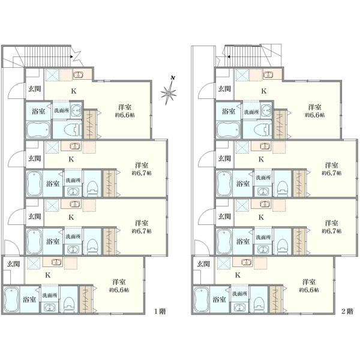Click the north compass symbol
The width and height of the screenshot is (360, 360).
point(169,91)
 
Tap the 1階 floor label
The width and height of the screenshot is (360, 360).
point(160,311)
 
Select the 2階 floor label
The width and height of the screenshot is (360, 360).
point(347,311)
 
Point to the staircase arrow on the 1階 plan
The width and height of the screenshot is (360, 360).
point(71,56)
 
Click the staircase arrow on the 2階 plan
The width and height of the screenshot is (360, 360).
point(229,56)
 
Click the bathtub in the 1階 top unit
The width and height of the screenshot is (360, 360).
point(38,130)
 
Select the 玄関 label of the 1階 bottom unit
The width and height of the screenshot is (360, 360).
point(13,264)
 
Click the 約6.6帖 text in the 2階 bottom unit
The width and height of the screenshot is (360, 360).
point(309,290)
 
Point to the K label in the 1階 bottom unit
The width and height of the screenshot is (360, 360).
point(48,275)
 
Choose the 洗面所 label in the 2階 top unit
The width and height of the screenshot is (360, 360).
point(251,112)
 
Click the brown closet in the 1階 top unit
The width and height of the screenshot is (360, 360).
point(90,124)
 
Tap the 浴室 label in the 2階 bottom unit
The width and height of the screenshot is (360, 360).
point(219,299)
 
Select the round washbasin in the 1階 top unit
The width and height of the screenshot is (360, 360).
point(76,110)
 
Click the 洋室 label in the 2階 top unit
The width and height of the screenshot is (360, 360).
point(315,107)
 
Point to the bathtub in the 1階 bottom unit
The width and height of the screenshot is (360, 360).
point(11,299)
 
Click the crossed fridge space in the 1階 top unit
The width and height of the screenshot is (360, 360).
point(53,74)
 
